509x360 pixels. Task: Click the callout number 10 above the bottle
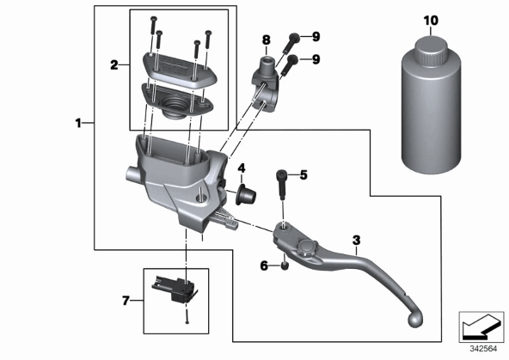431,21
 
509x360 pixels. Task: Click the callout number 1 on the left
78,123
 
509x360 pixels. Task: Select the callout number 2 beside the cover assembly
114,65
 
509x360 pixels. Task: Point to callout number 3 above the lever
357,241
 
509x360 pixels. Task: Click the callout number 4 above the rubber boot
242,168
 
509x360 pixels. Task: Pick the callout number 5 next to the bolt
304,175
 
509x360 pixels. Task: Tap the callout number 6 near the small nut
265,266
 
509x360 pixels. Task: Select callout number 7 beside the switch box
126,301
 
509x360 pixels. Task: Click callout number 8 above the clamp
267,40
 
